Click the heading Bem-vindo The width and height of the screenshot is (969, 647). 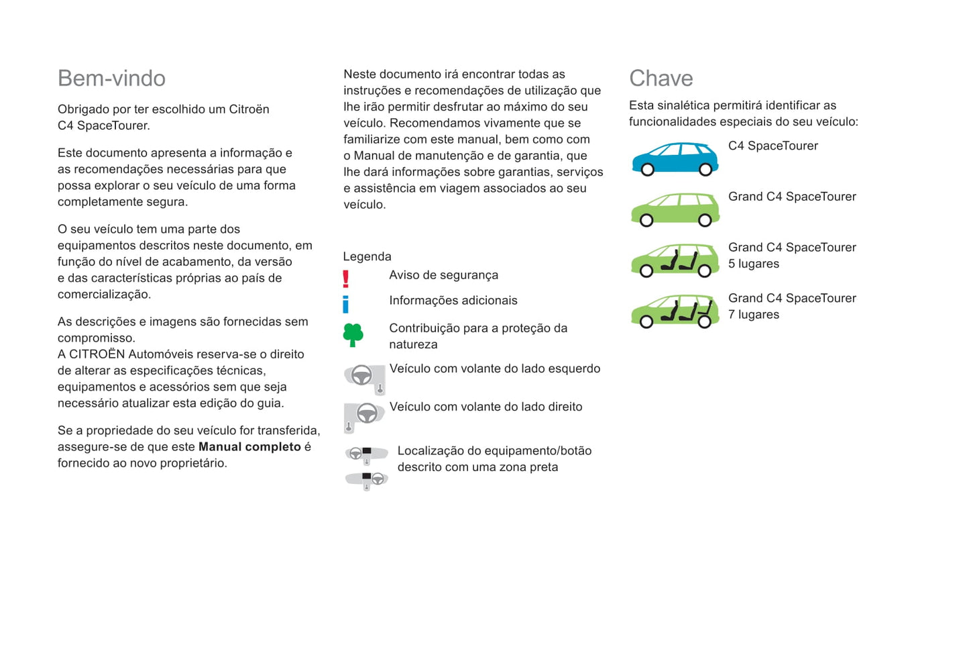(x=111, y=79)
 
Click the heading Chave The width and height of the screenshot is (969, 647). (x=661, y=79)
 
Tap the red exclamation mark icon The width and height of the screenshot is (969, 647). (x=346, y=279)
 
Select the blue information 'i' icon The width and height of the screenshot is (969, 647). (x=346, y=305)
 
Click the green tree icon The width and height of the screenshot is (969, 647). (x=353, y=334)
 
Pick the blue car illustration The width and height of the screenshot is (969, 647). (x=675, y=158)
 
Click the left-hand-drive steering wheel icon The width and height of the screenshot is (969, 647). (x=364, y=377)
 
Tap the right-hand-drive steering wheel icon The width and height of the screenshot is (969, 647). (x=364, y=415)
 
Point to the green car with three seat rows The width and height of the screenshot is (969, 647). (x=675, y=311)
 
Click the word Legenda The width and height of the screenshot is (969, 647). (x=367, y=256)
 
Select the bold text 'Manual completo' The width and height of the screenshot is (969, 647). (x=249, y=447)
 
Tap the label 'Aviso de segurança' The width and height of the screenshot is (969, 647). (x=443, y=275)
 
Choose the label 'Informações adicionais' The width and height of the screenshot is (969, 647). (x=453, y=301)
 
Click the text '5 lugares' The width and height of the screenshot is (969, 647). (x=754, y=264)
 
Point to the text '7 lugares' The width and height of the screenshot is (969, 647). (x=754, y=315)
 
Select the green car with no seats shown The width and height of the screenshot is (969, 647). (x=675, y=209)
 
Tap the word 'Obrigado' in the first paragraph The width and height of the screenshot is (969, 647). (x=82, y=109)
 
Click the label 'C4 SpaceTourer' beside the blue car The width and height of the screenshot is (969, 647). (x=773, y=146)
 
